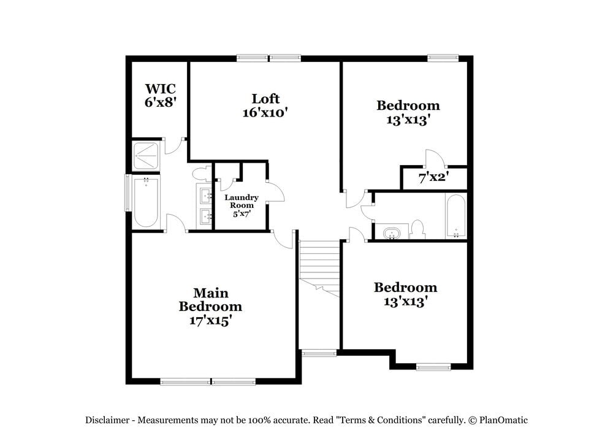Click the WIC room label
[160, 89]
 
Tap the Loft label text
[265, 98]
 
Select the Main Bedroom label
[210, 299]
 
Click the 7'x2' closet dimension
[433, 178]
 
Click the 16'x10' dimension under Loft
[265, 112]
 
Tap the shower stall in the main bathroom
[146, 156]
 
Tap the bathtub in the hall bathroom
[455, 216]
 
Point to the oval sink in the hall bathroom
[390, 233]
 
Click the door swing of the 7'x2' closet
[433, 158]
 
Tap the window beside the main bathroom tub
[128, 193]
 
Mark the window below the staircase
[319, 353]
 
